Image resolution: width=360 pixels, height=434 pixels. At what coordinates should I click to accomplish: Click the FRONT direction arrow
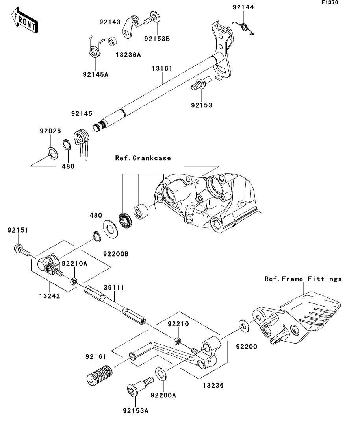click(25, 20)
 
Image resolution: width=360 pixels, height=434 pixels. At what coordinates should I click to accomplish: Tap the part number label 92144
click(243, 7)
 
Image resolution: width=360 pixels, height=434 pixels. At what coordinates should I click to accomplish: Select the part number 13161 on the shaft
click(162, 68)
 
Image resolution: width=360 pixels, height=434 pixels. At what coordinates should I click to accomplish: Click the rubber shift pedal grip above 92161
click(99, 375)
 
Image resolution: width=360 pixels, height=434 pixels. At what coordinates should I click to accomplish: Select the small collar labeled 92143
click(112, 42)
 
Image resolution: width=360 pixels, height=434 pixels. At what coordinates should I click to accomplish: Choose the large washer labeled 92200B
click(111, 228)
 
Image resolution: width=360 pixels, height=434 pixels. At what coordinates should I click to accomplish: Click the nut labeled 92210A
click(73, 281)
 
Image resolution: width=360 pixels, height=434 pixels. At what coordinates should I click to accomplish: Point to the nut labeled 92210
click(178, 341)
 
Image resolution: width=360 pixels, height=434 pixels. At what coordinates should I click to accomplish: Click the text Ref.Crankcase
click(143, 158)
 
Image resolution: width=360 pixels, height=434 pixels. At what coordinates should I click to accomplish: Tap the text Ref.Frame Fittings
click(303, 279)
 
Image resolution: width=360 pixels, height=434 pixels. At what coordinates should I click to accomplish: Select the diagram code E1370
click(330, 2)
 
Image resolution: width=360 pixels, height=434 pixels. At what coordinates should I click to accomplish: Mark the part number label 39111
click(114, 288)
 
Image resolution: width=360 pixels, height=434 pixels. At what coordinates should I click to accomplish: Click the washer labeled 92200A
click(160, 374)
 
